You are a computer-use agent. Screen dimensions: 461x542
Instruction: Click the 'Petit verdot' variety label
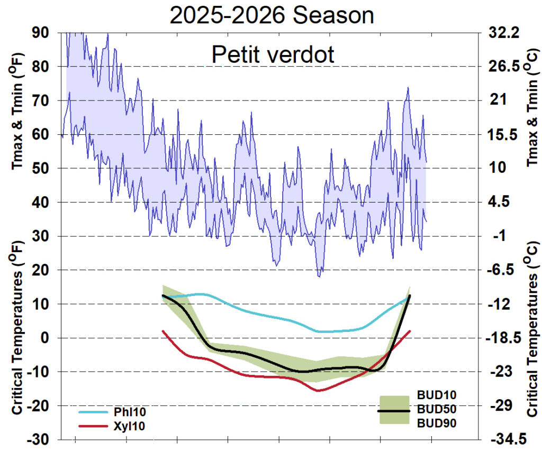coord(273,54)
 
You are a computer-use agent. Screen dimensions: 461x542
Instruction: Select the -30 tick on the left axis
coord(40,440)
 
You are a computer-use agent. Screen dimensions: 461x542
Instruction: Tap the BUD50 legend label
coord(437,409)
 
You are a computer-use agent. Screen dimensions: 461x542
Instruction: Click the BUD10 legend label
coord(437,395)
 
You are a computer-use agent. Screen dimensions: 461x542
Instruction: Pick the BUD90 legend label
coord(437,423)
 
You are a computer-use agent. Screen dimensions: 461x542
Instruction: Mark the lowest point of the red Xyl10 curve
coord(318,391)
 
